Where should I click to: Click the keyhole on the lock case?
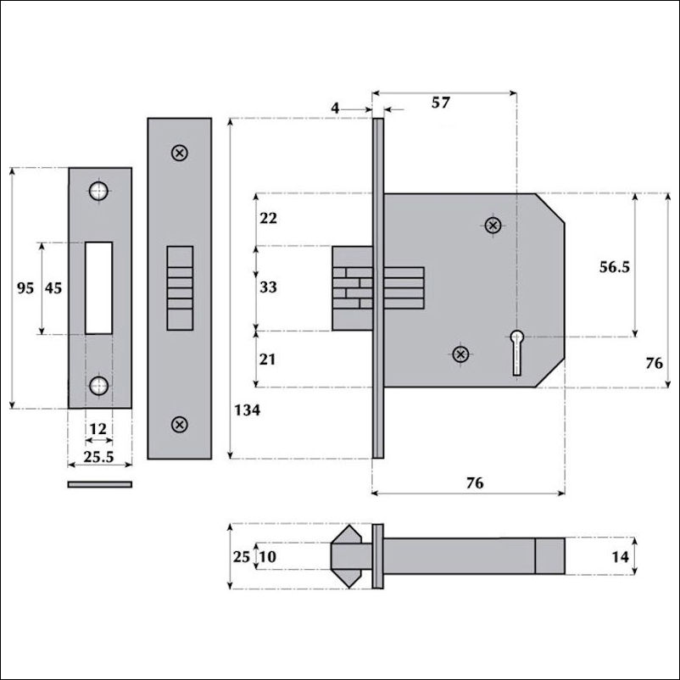516,352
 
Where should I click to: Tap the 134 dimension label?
248,410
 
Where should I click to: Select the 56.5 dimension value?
614,267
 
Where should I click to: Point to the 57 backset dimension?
441,103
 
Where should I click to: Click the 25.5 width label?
98,457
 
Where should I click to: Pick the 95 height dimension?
25,287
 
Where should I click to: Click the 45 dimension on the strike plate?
53,287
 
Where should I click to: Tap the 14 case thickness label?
620,557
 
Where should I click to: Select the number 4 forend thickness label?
335,108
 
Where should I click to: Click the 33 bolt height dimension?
268,287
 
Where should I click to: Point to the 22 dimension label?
268,218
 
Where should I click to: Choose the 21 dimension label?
267,360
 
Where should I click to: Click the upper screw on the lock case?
493,225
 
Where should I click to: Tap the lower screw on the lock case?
460,354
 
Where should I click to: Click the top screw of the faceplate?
180,153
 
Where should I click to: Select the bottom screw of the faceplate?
180,424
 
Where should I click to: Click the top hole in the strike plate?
98,191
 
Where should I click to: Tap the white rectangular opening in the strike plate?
99,288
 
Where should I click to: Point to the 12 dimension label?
98,429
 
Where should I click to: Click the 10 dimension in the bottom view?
268,557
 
